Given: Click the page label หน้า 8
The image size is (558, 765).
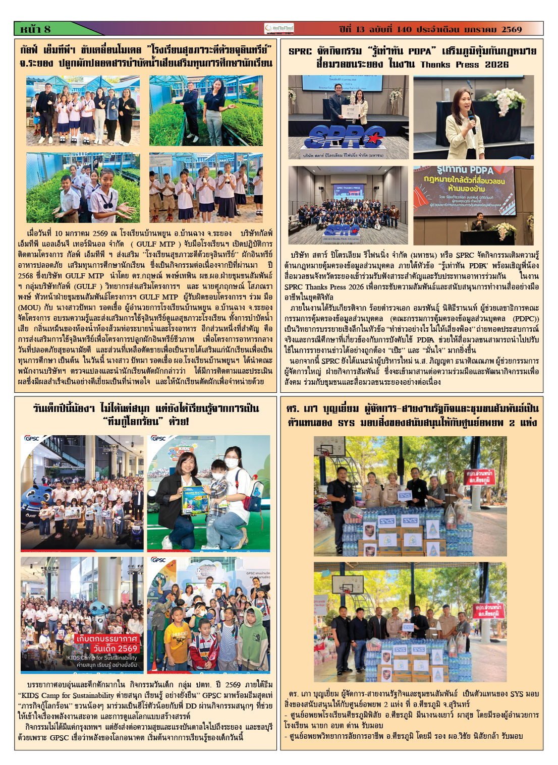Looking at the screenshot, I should pyautogui.click(x=36, y=29).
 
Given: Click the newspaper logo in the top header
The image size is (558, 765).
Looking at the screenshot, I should pyautogui.click(x=279, y=29).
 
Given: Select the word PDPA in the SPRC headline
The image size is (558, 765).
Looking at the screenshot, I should pyautogui.click(x=419, y=51).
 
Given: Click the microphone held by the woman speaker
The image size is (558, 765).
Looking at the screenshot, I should pyautogui.click(x=471, y=117).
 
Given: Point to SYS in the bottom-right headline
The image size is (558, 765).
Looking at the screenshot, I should pyautogui.click(x=346, y=423).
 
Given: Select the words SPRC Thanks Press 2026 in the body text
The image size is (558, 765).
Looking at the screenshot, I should pyautogui.click(x=323, y=286).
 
